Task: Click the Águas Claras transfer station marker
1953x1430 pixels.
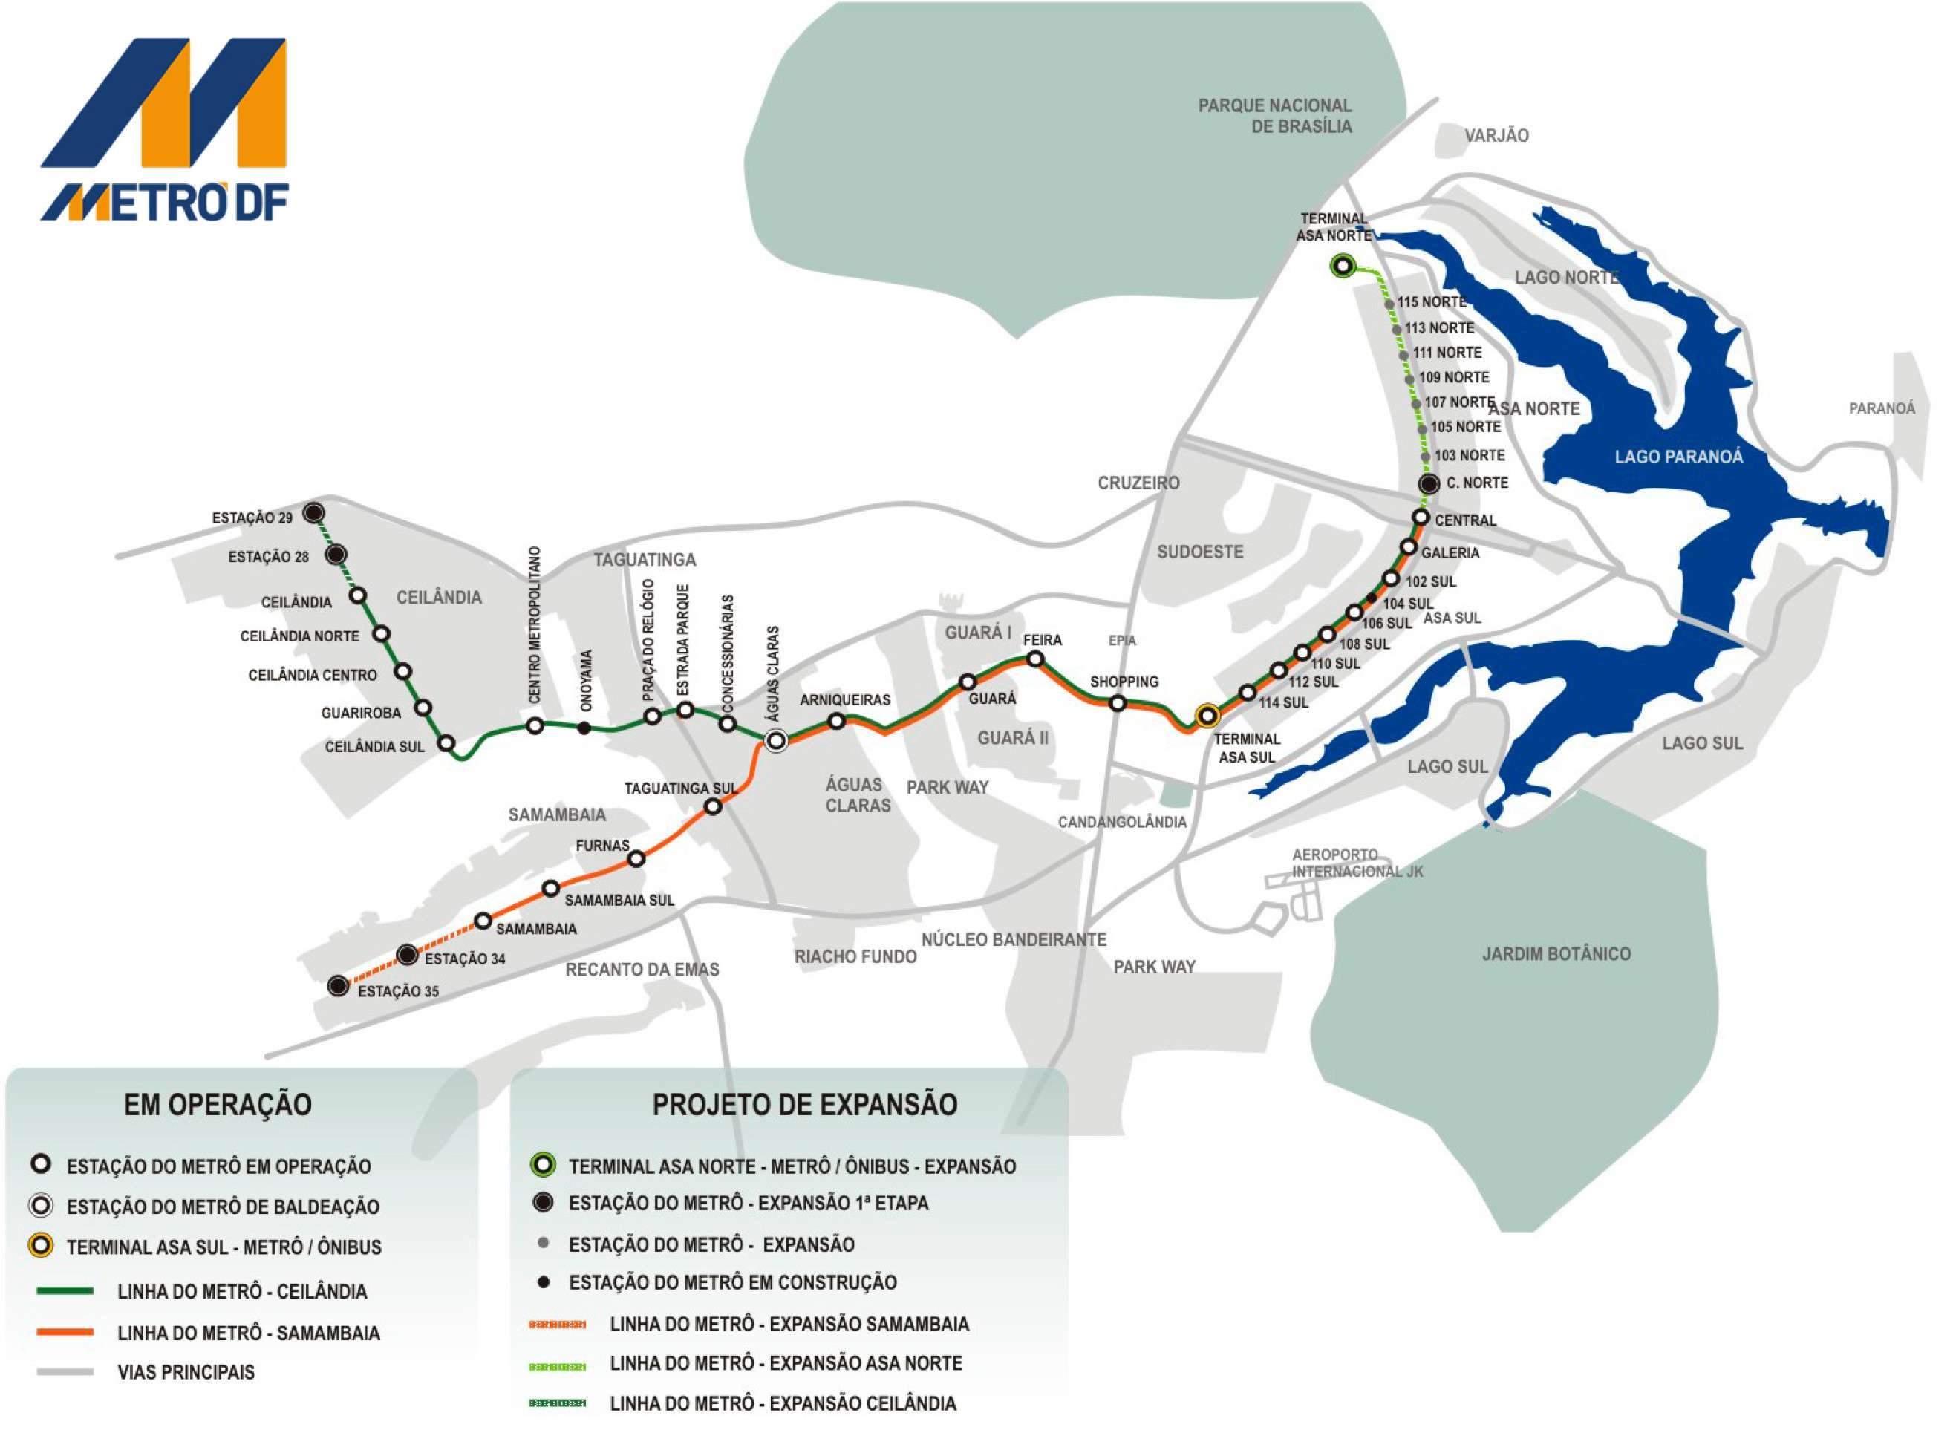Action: tap(776, 740)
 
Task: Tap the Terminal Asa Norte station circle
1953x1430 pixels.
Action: tap(1342, 267)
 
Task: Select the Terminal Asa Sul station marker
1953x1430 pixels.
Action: tap(1207, 716)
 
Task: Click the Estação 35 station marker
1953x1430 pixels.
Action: tap(339, 985)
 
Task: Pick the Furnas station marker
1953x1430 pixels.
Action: tap(636, 859)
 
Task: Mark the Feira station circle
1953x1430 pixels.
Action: tap(1034, 659)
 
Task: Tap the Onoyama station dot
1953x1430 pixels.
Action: tap(584, 728)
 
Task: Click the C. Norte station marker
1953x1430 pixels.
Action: tap(1429, 484)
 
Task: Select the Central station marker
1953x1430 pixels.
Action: tap(1421, 517)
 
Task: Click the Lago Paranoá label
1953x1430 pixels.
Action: tap(1678, 457)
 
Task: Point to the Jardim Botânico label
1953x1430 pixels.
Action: tap(1556, 954)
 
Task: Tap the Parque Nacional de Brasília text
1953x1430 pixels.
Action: tap(1274, 116)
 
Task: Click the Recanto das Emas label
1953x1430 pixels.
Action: tap(642, 970)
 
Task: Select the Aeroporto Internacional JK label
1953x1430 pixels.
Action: tap(1357, 863)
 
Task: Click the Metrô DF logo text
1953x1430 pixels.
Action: tap(164, 202)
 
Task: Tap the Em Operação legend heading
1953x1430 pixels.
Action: tap(218, 1105)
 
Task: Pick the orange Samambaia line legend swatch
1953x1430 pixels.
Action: tap(65, 1332)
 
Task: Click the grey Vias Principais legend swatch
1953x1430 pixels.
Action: tap(65, 1372)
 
